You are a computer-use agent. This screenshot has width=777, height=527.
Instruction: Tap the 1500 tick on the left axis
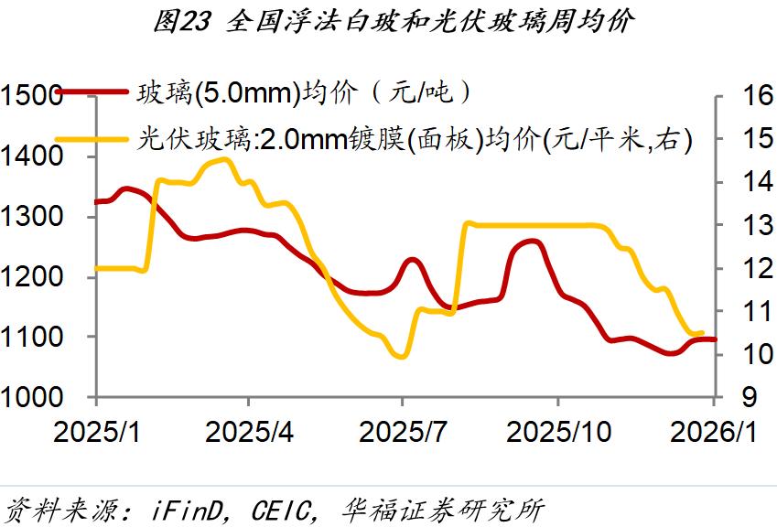[31, 96]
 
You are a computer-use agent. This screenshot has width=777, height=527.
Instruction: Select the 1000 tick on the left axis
[31, 398]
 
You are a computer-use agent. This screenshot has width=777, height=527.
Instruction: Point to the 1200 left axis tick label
[31, 277]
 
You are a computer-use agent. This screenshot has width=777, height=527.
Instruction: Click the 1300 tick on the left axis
[31, 217]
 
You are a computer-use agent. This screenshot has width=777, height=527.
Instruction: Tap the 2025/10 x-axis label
[558, 430]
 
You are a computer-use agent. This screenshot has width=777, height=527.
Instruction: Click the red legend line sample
[92, 91]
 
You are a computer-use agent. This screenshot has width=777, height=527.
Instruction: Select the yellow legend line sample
[92, 140]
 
